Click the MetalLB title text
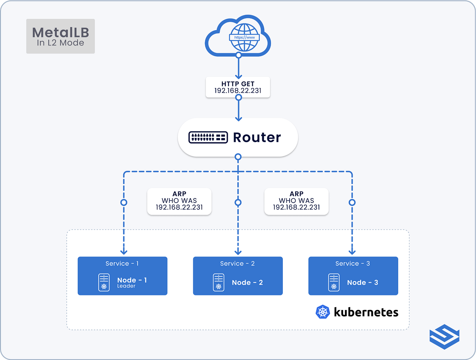point(60,32)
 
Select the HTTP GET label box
point(238,87)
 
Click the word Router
point(257,138)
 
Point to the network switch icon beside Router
point(208,138)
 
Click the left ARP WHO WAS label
point(179,201)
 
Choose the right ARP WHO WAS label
point(296,201)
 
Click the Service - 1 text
point(122,264)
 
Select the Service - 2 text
point(238,264)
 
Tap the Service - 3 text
point(353,264)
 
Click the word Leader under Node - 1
point(126,286)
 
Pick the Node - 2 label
point(247,283)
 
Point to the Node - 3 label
point(363,283)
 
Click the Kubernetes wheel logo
point(323,312)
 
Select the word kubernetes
point(366,312)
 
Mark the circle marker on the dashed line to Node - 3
point(352,202)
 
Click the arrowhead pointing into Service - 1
point(124,251)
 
